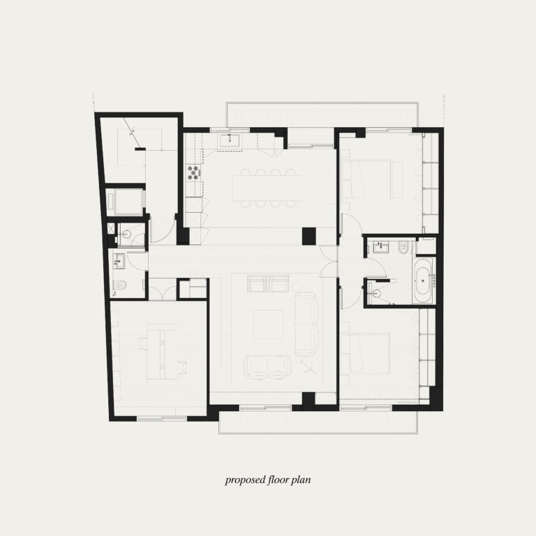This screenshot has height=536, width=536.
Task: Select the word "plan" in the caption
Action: pyautogui.click(x=301, y=480)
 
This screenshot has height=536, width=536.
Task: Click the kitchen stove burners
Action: pyautogui.click(x=193, y=172)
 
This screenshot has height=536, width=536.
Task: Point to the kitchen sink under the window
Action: pyautogui.click(x=230, y=140)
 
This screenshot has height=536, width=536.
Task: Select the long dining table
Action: pyautogui.click(x=267, y=188)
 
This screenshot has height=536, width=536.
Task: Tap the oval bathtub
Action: pyautogui.click(x=423, y=281)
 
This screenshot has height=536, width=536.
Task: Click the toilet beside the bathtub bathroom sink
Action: pyautogui.click(x=403, y=248)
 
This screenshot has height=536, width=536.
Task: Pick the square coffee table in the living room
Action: pyautogui.click(x=268, y=325)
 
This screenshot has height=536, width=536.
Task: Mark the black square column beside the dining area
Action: pyautogui.click(x=308, y=236)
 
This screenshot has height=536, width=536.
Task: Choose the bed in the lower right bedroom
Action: pyautogui.click(x=365, y=353)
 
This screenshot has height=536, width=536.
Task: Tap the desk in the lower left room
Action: pyautogui.click(x=162, y=352)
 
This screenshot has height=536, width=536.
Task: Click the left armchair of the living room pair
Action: pyautogui.click(x=257, y=283)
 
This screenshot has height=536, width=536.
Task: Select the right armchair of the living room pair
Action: pyautogui.click(x=279, y=283)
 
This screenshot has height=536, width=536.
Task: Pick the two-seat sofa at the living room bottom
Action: pyautogui.click(x=268, y=367)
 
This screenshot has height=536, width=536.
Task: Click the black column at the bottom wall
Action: pyautogui.click(x=308, y=401)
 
